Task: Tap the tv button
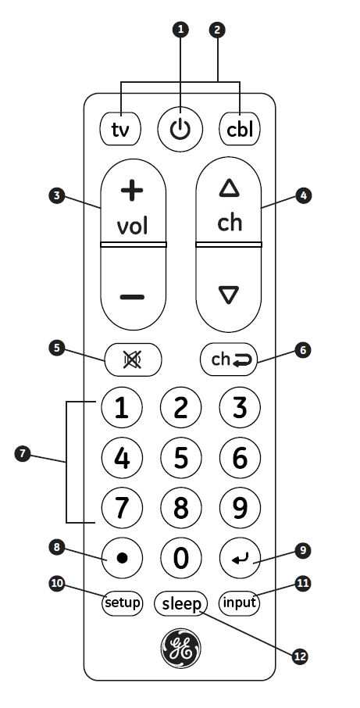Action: point(120,129)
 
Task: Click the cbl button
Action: point(240,129)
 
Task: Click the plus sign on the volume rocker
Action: point(132,191)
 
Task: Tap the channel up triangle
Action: point(229,188)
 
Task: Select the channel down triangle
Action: point(229,295)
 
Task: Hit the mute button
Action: point(133,359)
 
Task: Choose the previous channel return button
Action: point(229,359)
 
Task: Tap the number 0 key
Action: point(181,558)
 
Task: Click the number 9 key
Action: point(240,508)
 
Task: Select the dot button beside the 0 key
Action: point(122,558)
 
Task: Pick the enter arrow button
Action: point(240,558)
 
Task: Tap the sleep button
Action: point(181,603)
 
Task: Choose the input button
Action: point(240,603)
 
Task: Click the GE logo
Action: point(181,648)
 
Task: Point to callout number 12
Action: point(299,656)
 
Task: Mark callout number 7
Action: point(22,453)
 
